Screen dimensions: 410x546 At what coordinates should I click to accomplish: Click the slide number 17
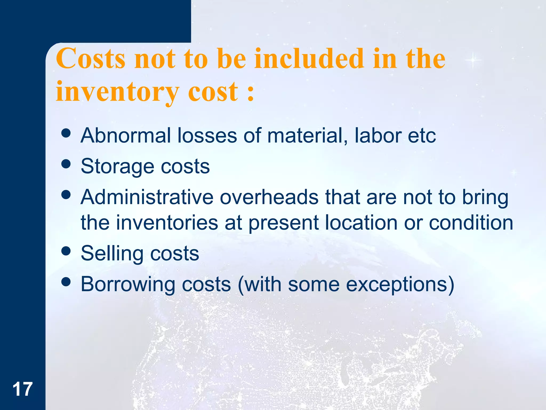pyautogui.click(x=22, y=389)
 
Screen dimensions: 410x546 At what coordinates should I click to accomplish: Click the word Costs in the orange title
pyautogui.click(x=91, y=58)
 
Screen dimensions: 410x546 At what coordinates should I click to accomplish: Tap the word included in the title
pyautogui.click(x=309, y=58)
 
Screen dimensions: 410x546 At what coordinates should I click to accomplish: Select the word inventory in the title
pyautogui.click(x=117, y=92)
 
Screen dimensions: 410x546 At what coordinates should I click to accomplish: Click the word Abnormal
pyautogui.click(x=126, y=135)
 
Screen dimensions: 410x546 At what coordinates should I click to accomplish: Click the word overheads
pyautogui.click(x=269, y=197)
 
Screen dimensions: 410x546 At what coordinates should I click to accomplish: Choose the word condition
pyautogui.click(x=471, y=223)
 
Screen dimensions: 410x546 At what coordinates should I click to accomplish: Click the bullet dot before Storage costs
pyautogui.click(x=66, y=164)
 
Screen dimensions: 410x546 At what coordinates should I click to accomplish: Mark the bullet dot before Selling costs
pyautogui.click(x=66, y=251)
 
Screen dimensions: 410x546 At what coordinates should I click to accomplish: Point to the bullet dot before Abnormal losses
pyautogui.click(x=66, y=133)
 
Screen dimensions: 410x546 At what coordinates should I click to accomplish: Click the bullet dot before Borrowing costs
pyautogui.click(x=66, y=281)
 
